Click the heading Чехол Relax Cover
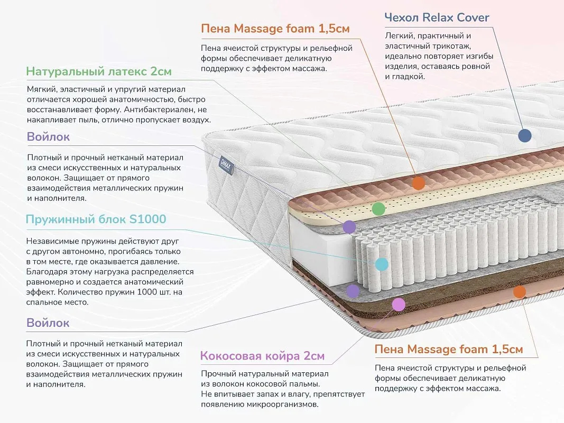437,17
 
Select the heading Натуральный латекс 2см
98,71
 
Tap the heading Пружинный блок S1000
96,219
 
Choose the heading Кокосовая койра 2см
262,356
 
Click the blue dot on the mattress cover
525,135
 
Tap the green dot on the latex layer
378,209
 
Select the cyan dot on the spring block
382,264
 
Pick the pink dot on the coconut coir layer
398,305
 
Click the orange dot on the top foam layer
418,183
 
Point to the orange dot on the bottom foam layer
520,292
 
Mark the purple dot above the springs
349,227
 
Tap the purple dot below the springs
353,291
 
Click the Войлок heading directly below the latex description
48,137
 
